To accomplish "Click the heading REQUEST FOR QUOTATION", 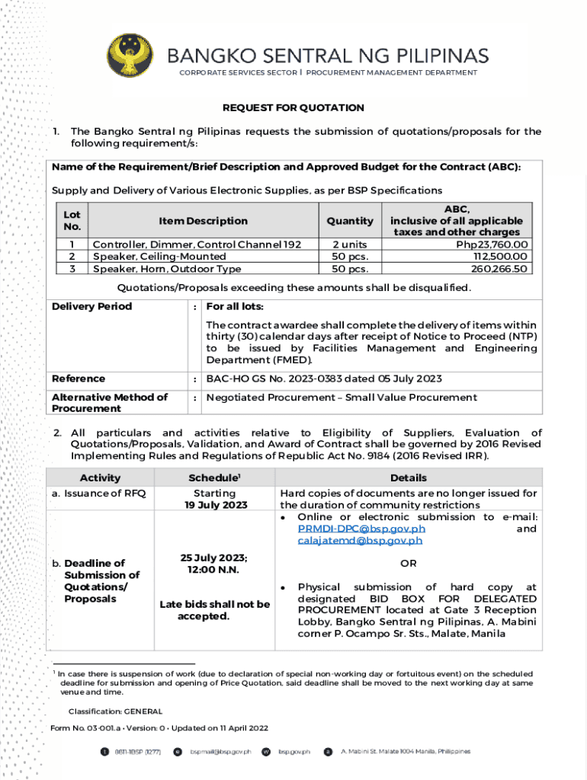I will [x=293, y=108].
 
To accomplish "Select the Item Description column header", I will [x=203, y=221].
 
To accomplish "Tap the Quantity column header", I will [x=349, y=221].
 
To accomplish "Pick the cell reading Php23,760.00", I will [x=492, y=245].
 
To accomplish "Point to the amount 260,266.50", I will [x=499, y=269].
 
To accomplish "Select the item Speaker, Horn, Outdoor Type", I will [x=167, y=269].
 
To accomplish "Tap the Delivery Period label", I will [x=91, y=306].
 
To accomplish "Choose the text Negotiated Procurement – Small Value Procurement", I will [x=342, y=397].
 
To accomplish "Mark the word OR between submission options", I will [x=409, y=564].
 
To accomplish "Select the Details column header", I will [x=409, y=478].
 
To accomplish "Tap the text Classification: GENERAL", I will [x=115, y=711].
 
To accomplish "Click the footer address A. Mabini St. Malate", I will [x=405, y=751].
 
